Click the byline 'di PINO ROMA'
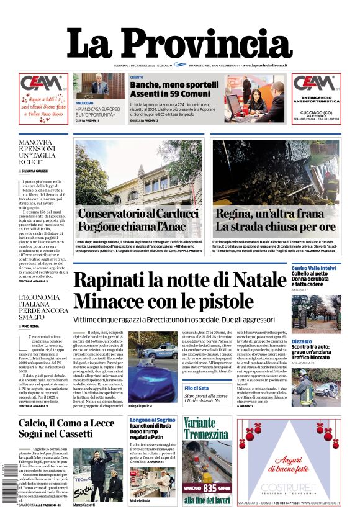click(x=32, y=325)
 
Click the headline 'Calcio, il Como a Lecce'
click(x=66, y=423)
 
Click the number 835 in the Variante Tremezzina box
click(x=210, y=488)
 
